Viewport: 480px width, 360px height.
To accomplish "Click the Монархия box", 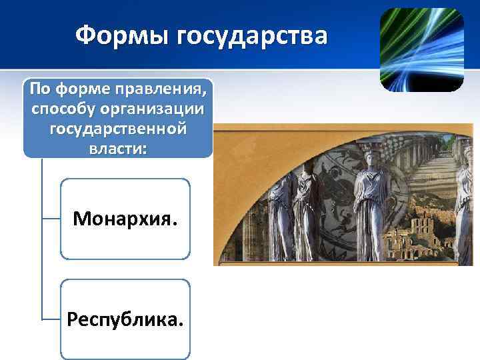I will click(125, 218).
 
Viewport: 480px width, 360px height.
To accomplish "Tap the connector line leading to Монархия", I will click(51, 217).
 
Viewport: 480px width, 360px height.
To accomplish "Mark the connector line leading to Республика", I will click(51, 319).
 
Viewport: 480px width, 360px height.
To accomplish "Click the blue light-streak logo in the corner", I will click(421, 50).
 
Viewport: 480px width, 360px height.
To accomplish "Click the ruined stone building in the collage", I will click(413, 233).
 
